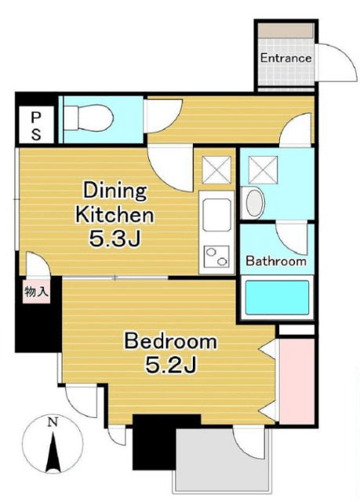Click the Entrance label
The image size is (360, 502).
[x=285, y=58]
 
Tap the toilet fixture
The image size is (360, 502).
[x=89, y=118]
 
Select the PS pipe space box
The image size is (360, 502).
[x=36, y=124]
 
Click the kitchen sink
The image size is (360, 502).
[x=216, y=214]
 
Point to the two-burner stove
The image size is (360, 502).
[x=217, y=256]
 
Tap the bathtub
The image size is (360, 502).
[x=277, y=297]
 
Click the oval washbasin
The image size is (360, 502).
[x=255, y=202]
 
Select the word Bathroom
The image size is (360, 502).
[x=276, y=261]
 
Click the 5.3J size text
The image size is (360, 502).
[x=115, y=238]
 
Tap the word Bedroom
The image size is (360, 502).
[x=170, y=341]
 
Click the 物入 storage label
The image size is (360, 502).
[x=36, y=292]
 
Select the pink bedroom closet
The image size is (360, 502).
[x=296, y=381]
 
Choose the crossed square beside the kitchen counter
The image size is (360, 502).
[x=216, y=169]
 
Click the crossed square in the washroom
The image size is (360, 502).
[x=263, y=169]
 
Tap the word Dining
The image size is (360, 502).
[x=115, y=191]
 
